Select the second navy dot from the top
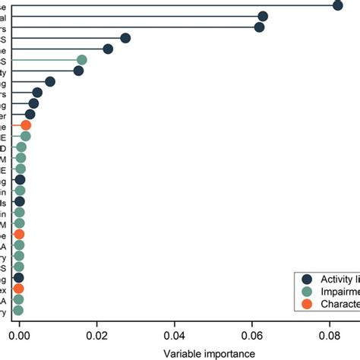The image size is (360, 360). (x=263, y=16)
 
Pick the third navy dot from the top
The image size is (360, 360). (x=259, y=27)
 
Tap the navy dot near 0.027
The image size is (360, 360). (x=125, y=38)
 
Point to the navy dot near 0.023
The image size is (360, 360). (x=108, y=49)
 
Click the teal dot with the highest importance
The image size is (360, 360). (x=81, y=60)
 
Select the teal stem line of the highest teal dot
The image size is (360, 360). (x=46, y=60)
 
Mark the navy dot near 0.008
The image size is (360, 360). (x=50, y=81)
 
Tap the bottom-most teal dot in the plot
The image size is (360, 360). (x=18, y=310)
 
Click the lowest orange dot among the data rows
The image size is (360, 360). (x=18, y=289)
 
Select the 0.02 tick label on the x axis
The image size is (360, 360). (x=96, y=332)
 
